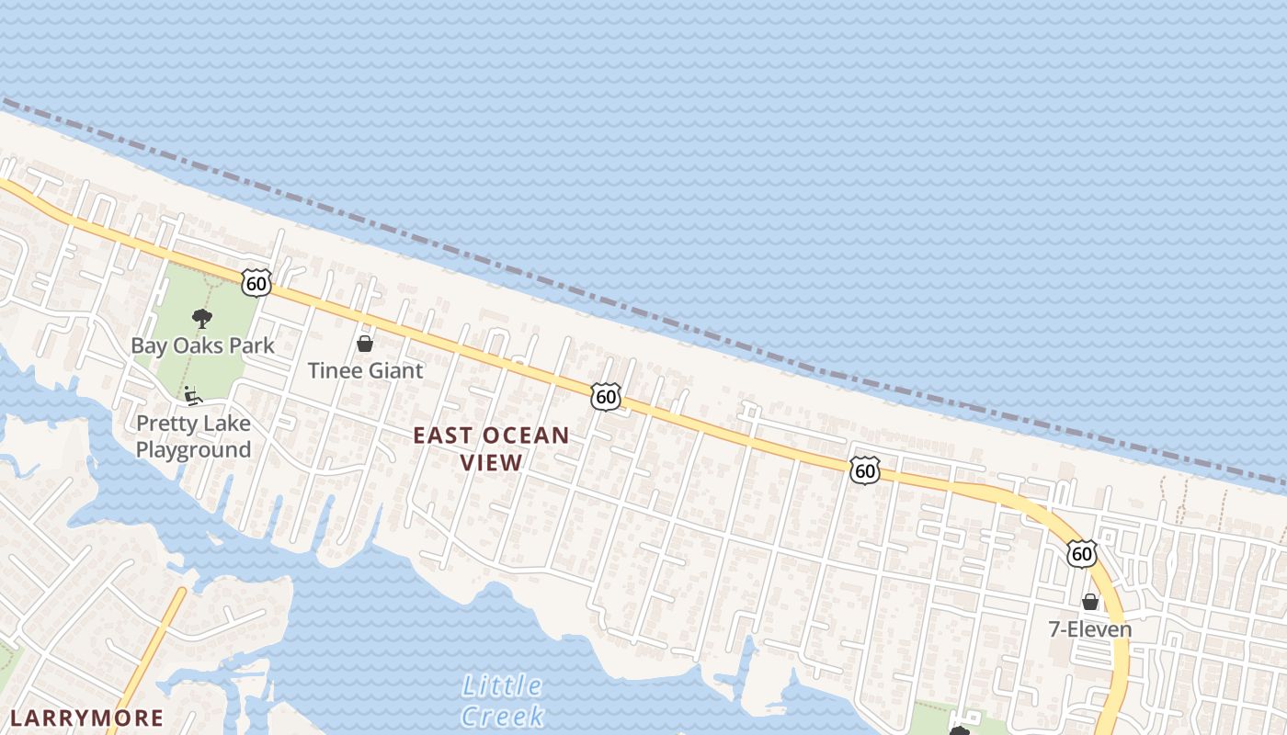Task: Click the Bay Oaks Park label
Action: click(x=202, y=346)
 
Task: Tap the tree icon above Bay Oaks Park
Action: click(x=202, y=319)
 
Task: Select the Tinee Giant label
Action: click(x=365, y=370)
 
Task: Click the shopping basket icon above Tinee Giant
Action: click(x=365, y=344)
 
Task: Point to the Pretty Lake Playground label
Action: click(x=193, y=436)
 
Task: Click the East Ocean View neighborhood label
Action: click(x=491, y=448)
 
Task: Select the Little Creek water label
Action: click(x=502, y=700)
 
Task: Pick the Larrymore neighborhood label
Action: click(x=86, y=718)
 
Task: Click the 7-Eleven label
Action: click(x=1090, y=629)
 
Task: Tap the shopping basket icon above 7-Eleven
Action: click(x=1090, y=602)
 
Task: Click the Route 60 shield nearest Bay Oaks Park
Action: click(x=256, y=283)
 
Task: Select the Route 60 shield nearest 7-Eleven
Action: click(x=1082, y=553)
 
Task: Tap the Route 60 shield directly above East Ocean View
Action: click(x=605, y=397)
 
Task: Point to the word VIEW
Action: click(x=491, y=462)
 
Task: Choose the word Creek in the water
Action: click(x=502, y=716)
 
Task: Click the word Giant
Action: click(x=395, y=370)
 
